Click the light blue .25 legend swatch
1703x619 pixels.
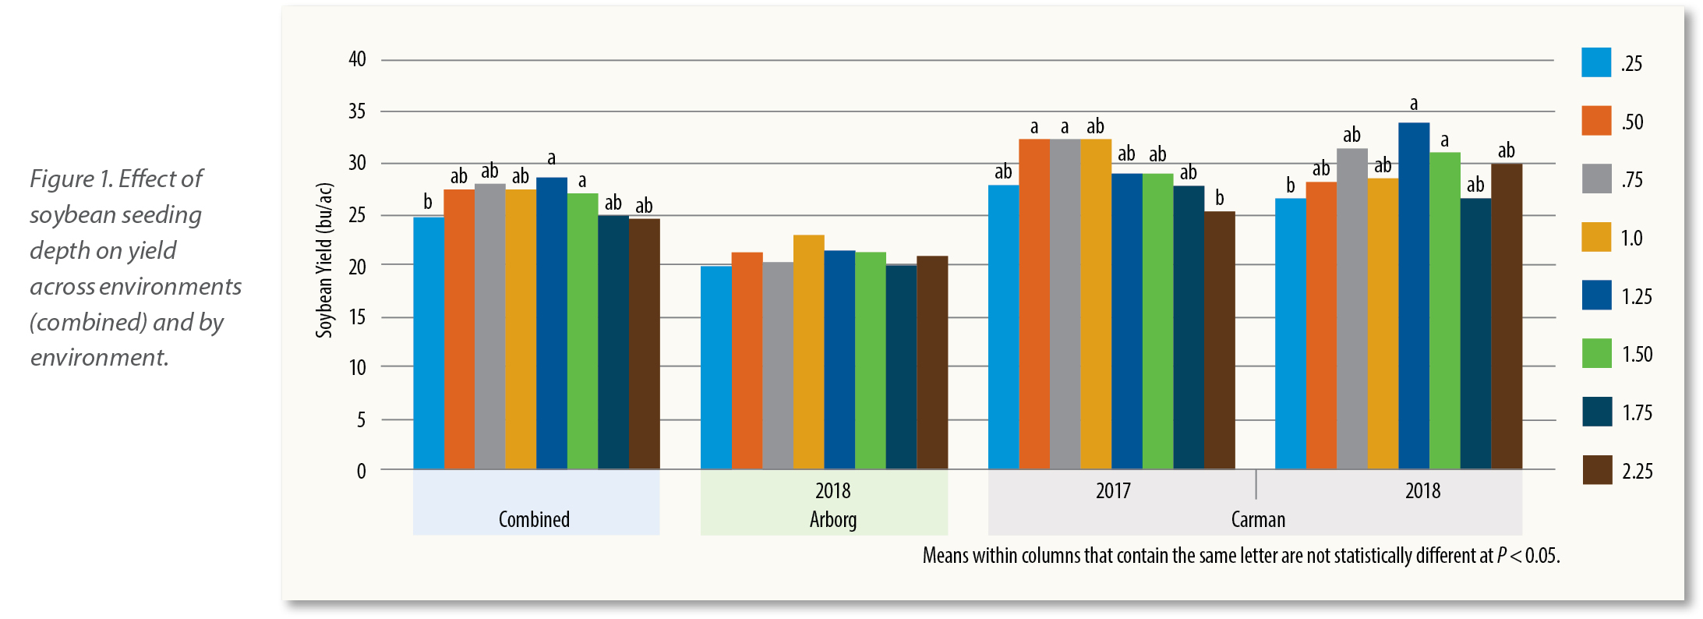(x=1595, y=62)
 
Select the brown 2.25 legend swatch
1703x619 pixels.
(x=1597, y=470)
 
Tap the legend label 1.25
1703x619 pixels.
(x=1637, y=296)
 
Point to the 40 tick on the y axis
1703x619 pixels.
(x=357, y=59)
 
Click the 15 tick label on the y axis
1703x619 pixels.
(x=357, y=317)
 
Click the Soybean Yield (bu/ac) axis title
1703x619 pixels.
(x=324, y=260)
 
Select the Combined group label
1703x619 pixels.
(x=534, y=519)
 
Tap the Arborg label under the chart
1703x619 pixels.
(x=832, y=519)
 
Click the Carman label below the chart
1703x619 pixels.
(x=1258, y=519)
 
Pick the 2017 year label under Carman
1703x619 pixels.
(x=1113, y=491)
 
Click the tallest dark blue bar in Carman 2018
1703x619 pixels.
(x=1414, y=296)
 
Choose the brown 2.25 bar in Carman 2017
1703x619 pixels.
(x=1219, y=341)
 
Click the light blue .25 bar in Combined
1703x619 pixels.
(x=428, y=343)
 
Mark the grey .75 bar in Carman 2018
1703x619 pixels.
(x=1352, y=309)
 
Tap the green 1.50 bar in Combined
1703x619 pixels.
(x=582, y=331)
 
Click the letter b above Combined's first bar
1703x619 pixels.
(x=428, y=202)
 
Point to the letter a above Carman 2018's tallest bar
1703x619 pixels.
(x=1414, y=104)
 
